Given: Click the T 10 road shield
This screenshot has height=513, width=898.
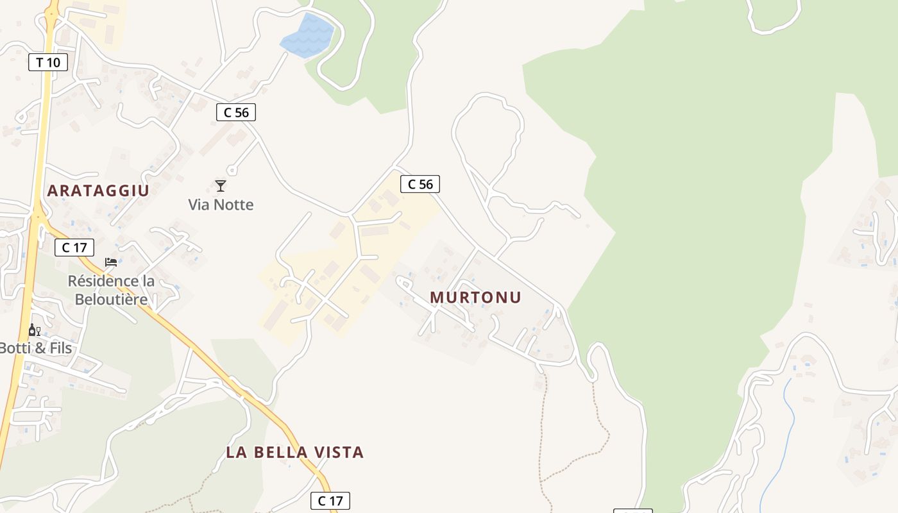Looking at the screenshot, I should pyautogui.click(x=48, y=62).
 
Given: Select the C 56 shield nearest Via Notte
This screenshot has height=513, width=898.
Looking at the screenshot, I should pyautogui.click(x=236, y=112).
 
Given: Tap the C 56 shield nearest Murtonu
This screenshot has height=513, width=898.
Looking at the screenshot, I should pyautogui.click(x=420, y=184).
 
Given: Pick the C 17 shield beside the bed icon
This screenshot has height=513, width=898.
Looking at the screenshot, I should pyautogui.click(x=74, y=248).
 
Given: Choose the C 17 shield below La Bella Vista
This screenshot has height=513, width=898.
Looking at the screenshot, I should pyautogui.click(x=330, y=501).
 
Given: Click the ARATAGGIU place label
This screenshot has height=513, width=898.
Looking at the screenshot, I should pyautogui.click(x=98, y=190).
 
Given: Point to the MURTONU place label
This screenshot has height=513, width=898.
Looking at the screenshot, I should pyautogui.click(x=475, y=298).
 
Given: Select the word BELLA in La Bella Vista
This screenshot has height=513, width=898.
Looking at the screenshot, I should pyautogui.click(x=282, y=453).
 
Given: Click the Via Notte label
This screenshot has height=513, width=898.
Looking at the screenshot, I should pyautogui.click(x=221, y=205).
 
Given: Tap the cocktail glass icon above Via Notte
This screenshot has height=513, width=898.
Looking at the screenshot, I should pyautogui.click(x=221, y=186).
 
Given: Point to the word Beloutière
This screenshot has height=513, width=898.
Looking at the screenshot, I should pyautogui.click(x=111, y=299).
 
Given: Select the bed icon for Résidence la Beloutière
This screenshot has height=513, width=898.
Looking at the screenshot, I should pyautogui.click(x=111, y=262).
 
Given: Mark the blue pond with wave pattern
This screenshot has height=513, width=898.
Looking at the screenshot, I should pyautogui.click(x=309, y=36).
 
